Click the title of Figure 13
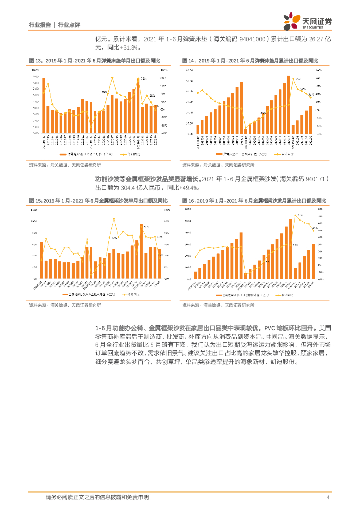[x=94, y=60]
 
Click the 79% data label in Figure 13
[x=143, y=79]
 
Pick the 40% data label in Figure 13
[x=104, y=92]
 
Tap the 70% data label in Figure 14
[x=298, y=79]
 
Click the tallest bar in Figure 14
[x=288, y=104]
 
